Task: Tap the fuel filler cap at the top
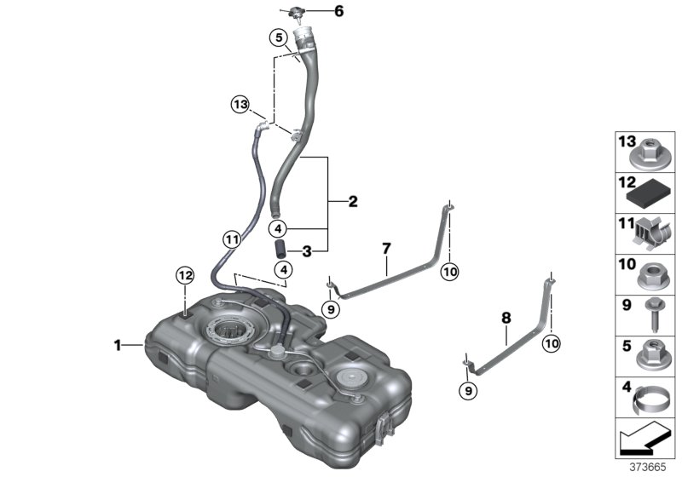coord(297,11)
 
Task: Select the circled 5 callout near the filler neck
coord(277,37)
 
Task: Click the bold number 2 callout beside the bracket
coord(353,202)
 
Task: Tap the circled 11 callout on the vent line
coord(230,240)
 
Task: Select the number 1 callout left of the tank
coord(118,345)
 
